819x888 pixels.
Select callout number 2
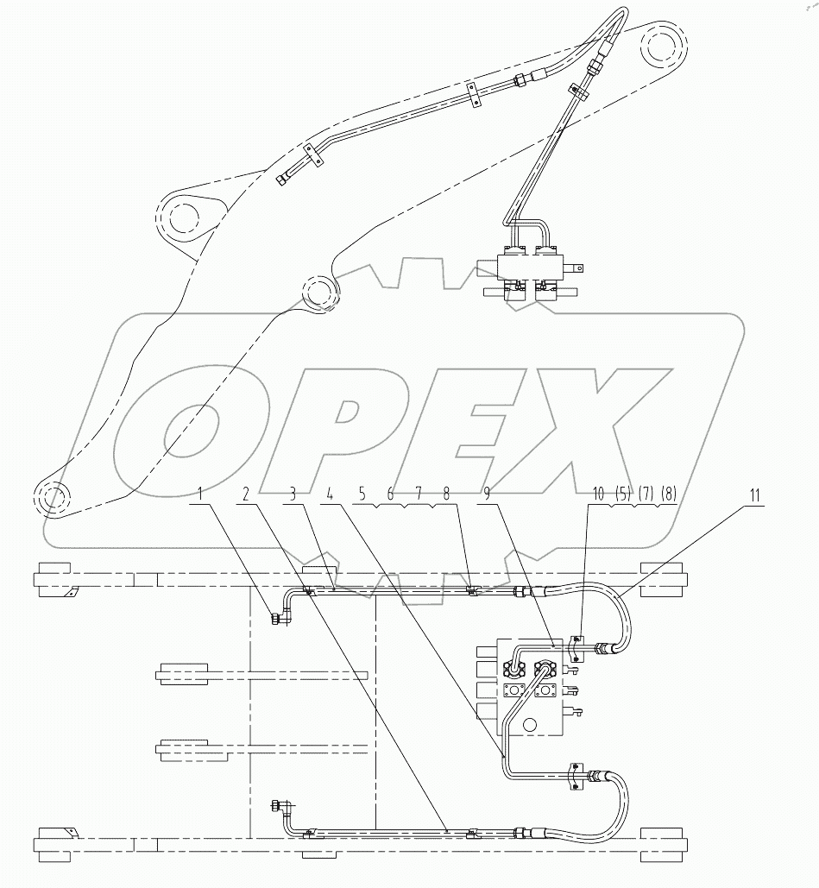247,495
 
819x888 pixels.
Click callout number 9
488,495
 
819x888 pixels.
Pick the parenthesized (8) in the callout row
668,495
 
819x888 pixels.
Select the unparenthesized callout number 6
389,495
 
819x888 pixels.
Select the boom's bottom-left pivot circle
50,498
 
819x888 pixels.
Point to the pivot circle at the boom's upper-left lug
184,217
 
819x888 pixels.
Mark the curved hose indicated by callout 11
621,613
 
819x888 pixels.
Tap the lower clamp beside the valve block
576,776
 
